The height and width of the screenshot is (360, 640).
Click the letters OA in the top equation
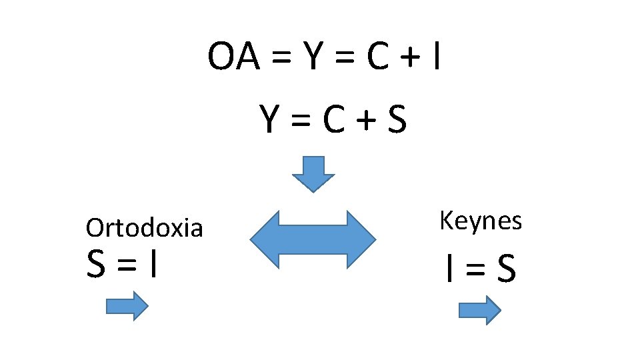tap(234, 57)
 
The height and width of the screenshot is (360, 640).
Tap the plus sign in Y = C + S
tap(365, 122)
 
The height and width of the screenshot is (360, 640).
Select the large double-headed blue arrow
tap(313, 239)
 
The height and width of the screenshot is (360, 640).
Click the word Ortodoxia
tap(144, 229)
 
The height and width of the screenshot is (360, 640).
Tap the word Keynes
tap(480, 221)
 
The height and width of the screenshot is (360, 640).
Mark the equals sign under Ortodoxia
tap(126, 265)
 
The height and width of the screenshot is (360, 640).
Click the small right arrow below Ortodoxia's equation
tap(127, 306)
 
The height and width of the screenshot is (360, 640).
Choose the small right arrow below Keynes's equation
tap(479, 310)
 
